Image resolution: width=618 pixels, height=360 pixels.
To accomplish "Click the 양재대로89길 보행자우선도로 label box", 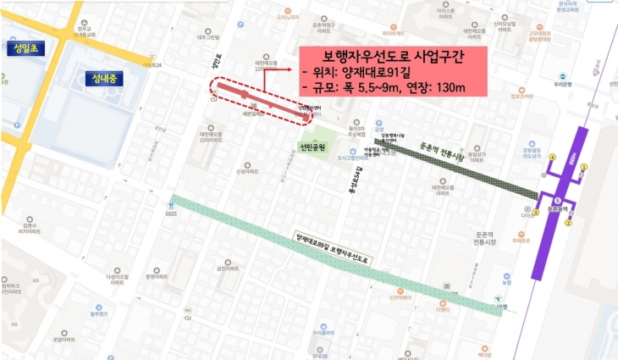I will pyautogui.click(x=334, y=244).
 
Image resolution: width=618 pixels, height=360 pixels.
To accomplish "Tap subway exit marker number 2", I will pyautogui.click(x=568, y=224).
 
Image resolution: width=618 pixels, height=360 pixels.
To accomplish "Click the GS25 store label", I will pyautogui.click(x=172, y=213).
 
